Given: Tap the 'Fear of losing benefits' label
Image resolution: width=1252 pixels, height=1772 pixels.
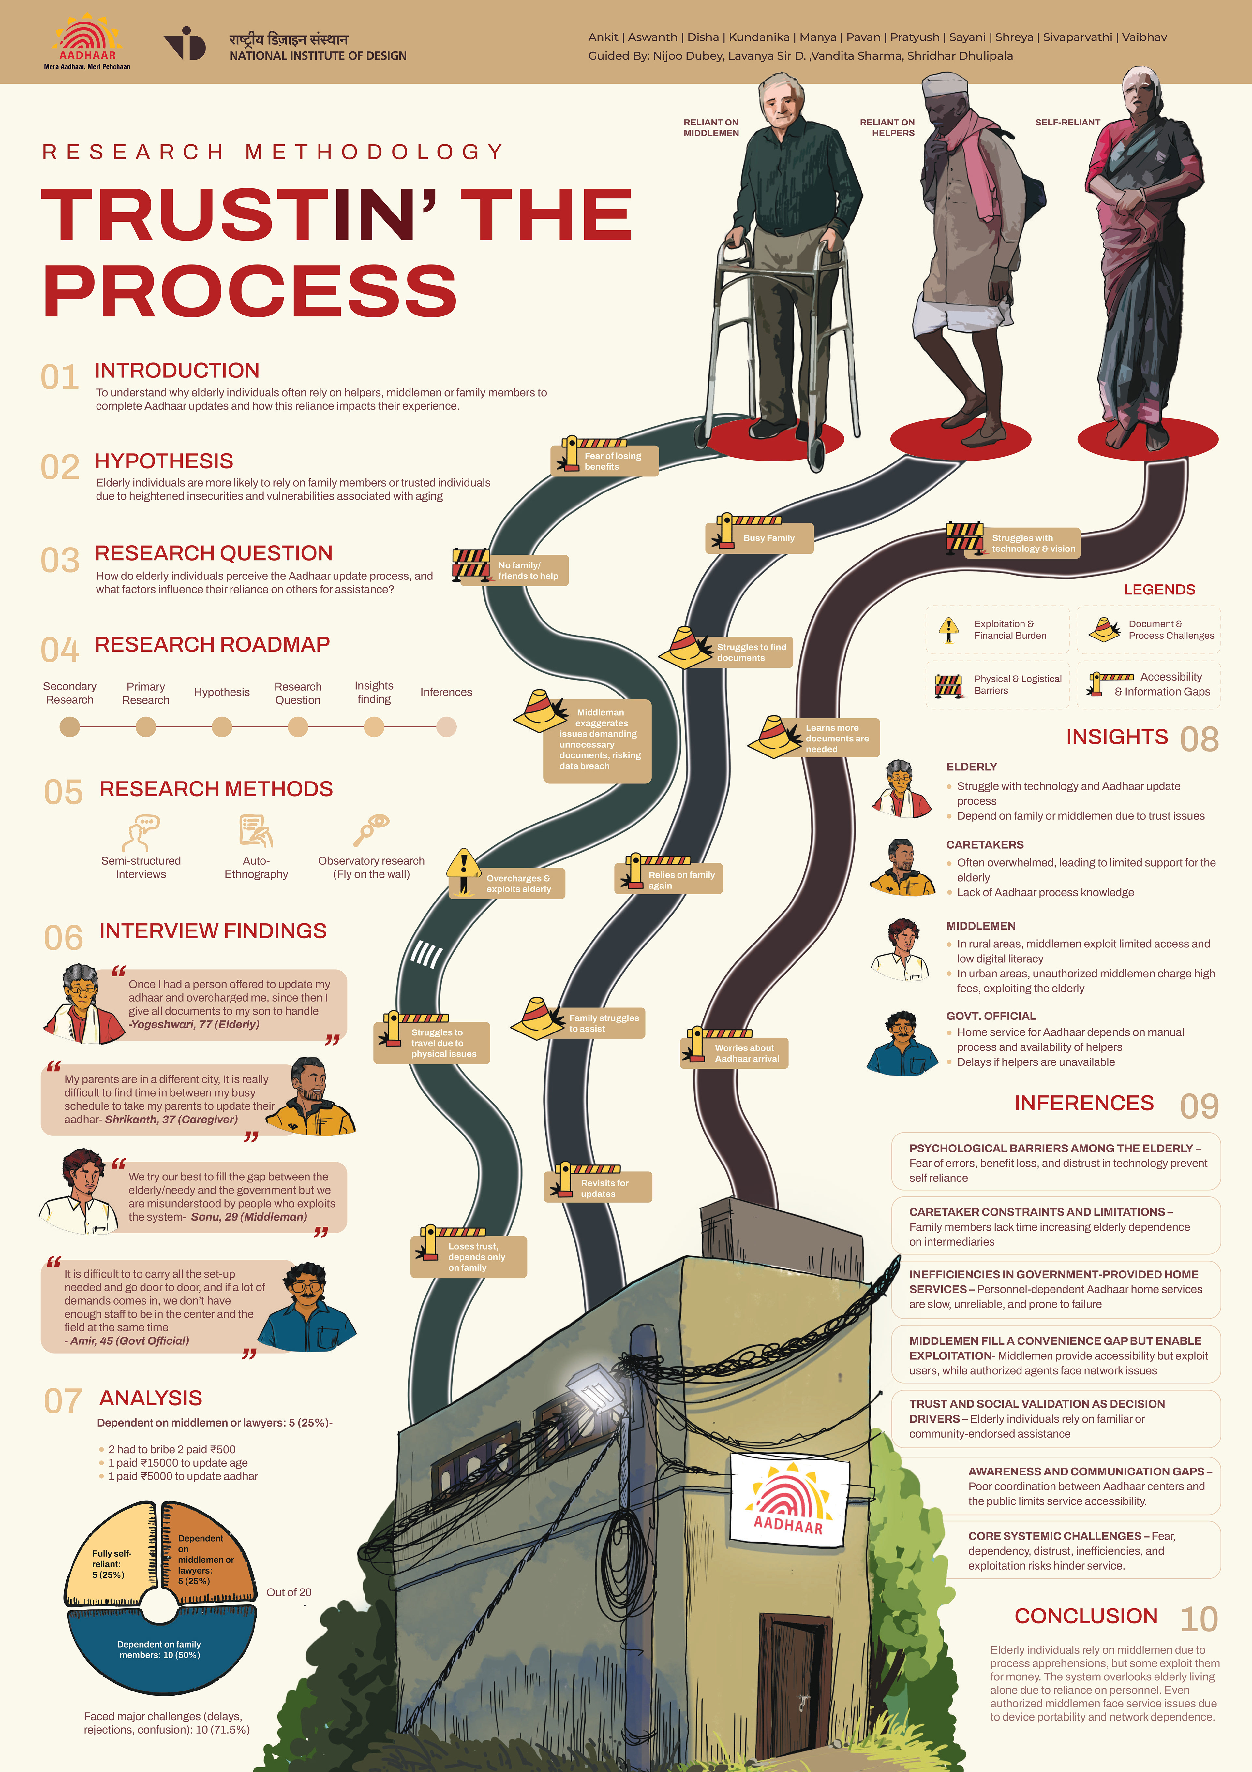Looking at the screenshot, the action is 612,461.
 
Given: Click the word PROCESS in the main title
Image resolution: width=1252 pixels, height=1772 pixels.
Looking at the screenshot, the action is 250,291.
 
